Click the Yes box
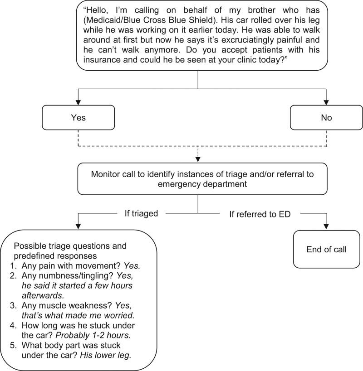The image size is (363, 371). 78,117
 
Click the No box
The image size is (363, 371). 326,117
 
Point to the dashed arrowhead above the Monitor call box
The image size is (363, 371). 198,160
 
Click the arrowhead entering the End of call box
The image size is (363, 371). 326,226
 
